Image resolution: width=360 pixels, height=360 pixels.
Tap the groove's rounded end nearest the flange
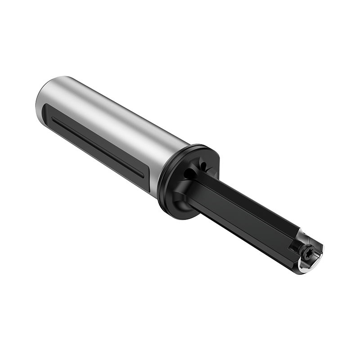141,173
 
